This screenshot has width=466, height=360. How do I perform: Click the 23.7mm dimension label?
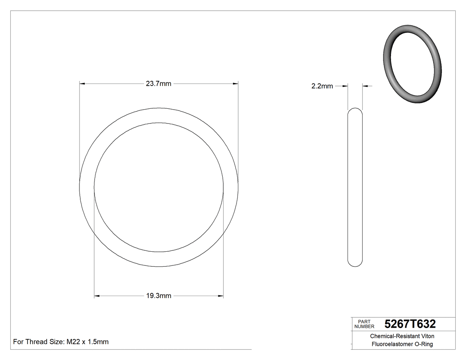coord(158,83)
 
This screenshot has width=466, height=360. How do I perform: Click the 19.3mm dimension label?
coord(158,296)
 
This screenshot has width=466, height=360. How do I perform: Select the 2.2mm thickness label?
coord(322,86)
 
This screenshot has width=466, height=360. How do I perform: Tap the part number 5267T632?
coord(410,324)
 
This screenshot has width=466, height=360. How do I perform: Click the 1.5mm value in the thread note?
coord(98,342)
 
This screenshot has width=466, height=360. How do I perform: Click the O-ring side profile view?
coord(355,186)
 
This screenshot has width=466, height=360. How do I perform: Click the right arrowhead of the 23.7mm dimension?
coord(235,83)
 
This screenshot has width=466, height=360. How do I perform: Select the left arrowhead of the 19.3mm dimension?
coord(97,296)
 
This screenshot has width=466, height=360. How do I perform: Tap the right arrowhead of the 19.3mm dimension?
coord(220,296)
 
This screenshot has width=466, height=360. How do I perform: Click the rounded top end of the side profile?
coord(355,111)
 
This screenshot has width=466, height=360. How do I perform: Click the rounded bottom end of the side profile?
coord(355,263)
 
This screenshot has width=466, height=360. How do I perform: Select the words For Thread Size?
coord(39,342)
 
